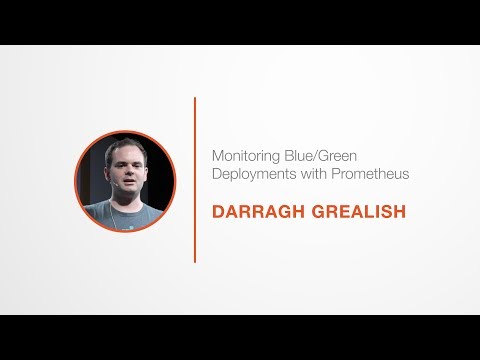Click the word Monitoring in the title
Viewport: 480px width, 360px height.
tap(242, 156)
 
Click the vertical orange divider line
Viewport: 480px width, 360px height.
tap(194, 180)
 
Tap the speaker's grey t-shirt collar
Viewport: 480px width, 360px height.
tap(127, 206)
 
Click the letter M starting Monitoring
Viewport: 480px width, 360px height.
tap(217, 156)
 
